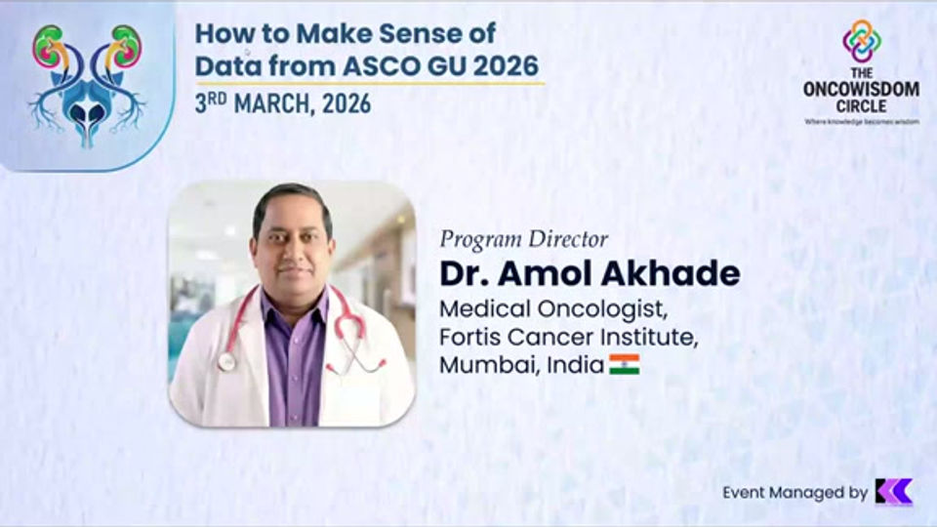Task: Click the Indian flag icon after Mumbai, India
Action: coord(624,365)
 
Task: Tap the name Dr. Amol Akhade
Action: coord(590,273)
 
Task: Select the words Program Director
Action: coord(524,239)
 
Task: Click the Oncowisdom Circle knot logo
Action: coord(861,41)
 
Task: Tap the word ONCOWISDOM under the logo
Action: coord(861,89)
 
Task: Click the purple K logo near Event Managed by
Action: coord(893,492)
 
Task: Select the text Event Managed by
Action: coord(794,493)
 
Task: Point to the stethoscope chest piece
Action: coord(226,362)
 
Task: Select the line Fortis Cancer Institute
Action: coord(570,338)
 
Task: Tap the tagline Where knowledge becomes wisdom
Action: coord(861,122)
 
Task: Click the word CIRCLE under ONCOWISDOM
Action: coord(861,105)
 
